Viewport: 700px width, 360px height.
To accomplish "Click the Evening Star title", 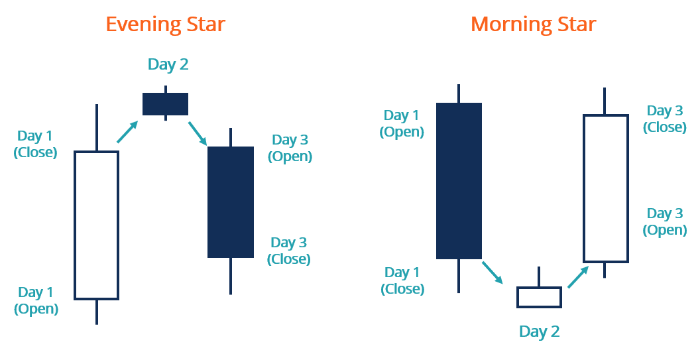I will tap(165, 25).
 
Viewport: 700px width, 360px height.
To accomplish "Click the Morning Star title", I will tap(533, 25).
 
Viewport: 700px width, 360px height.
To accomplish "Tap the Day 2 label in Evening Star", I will tap(168, 64).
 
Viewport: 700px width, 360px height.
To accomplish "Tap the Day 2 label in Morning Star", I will tap(539, 331).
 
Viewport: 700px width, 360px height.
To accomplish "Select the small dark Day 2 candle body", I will tap(166, 104).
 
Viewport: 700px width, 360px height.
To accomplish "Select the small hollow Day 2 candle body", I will tap(539, 297).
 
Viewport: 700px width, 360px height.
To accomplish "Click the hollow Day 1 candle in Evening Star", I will tap(96, 225).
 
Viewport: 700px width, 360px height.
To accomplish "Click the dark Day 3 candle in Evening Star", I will tap(231, 202).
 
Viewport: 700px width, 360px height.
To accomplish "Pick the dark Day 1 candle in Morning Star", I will tap(459, 180).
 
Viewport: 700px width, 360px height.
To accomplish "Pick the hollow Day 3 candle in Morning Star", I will tap(605, 188).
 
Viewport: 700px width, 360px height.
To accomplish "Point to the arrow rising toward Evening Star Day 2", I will tap(127, 131).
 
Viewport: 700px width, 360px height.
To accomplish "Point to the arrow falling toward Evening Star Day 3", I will tap(198, 133).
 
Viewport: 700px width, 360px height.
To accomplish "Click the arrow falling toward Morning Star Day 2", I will tap(493, 272).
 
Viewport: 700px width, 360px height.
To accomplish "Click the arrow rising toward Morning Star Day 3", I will tap(577, 276).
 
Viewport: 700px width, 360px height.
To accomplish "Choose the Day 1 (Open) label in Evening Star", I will tap(36, 300).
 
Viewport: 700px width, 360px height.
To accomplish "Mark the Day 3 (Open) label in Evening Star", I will tap(290, 149).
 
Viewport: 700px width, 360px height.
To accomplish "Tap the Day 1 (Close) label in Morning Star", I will tap(402, 280).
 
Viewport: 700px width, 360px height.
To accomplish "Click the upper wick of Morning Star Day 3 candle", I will tap(605, 101).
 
